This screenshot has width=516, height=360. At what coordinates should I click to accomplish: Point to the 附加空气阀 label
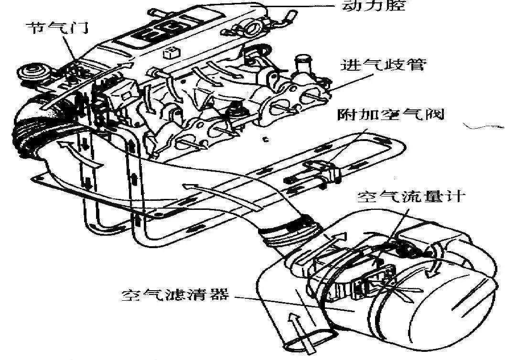[390, 115]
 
